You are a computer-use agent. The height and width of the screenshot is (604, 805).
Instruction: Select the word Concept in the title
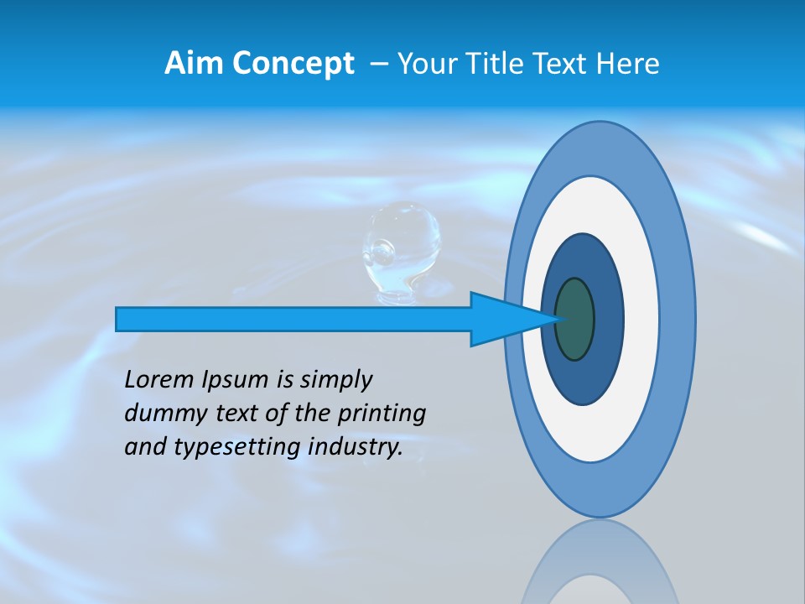tap(293, 65)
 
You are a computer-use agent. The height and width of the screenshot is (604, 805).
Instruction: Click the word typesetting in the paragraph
tap(237, 447)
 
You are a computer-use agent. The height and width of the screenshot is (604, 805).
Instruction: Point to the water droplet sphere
tap(401, 240)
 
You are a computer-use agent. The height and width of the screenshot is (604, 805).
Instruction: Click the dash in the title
tap(379, 64)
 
